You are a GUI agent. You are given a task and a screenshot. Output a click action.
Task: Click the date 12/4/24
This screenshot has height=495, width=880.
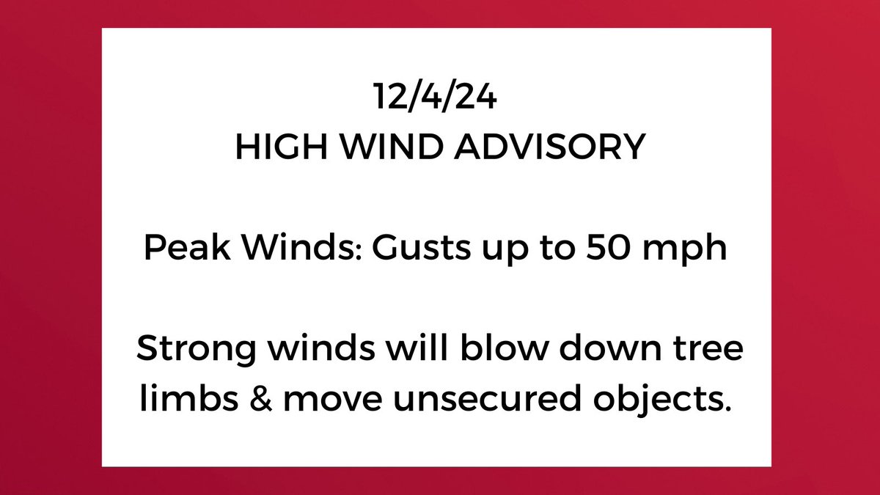click(x=435, y=98)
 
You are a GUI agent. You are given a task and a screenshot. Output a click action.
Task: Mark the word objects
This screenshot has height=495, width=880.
click(x=660, y=400)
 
